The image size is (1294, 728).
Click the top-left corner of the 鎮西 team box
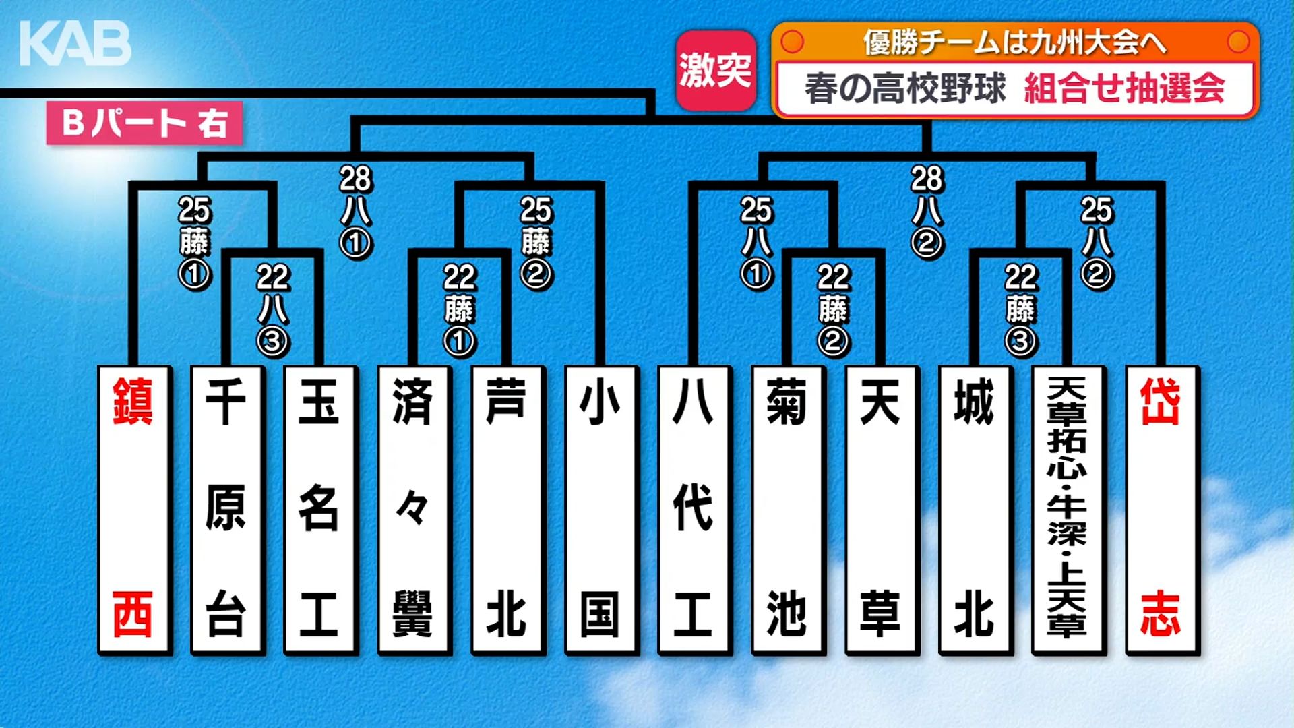tap(98, 367)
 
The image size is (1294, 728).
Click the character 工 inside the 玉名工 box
tap(319, 613)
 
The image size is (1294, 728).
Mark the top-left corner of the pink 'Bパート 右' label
tap(47, 102)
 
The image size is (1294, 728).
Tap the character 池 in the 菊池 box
tap(787, 613)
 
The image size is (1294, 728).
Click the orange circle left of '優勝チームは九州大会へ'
tap(793, 42)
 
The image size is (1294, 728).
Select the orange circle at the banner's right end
tap(1238, 42)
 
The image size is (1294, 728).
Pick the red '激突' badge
tap(716, 70)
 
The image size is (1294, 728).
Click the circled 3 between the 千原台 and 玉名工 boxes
tap(273, 342)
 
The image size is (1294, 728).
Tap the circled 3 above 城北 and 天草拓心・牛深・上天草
tap(1020, 342)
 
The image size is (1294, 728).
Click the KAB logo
tap(75, 44)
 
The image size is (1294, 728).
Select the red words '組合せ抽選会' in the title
tap(1124, 88)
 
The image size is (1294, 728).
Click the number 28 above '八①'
tap(355, 179)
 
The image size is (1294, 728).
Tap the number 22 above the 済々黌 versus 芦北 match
tap(460, 277)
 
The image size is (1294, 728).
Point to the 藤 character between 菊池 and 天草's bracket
tap(834, 309)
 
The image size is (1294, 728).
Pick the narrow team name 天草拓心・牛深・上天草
tap(1067, 508)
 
